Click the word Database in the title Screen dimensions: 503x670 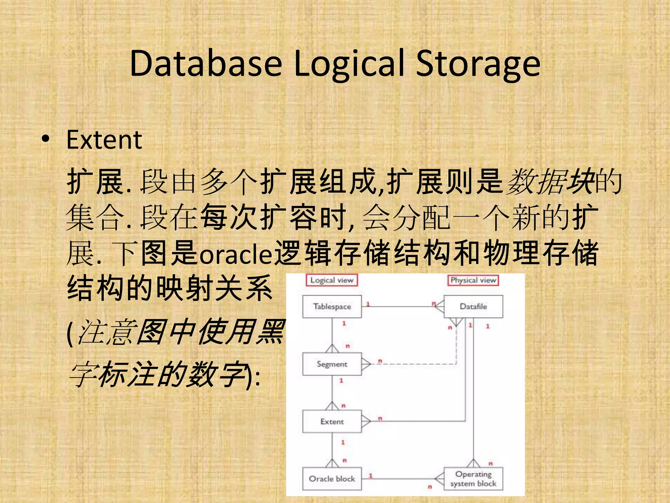(205, 64)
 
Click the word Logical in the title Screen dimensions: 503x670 (349, 64)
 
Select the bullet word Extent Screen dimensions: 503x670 (104, 140)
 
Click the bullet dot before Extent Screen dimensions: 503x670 (46, 139)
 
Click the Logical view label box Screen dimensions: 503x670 (332, 280)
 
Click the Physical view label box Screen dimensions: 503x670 (473, 280)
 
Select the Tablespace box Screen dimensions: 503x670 (332, 307)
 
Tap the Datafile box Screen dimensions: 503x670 (473, 307)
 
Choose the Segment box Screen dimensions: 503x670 (332, 364)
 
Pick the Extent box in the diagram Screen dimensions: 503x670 (332, 421)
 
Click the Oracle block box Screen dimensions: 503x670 (332, 479)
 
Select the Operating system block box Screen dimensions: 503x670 (473, 479)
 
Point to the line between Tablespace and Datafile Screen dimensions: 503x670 (399, 307)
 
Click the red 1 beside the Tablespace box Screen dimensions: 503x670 (368, 304)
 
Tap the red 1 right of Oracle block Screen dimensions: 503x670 (371, 475)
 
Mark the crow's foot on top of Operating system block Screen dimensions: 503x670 (473, 463)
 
